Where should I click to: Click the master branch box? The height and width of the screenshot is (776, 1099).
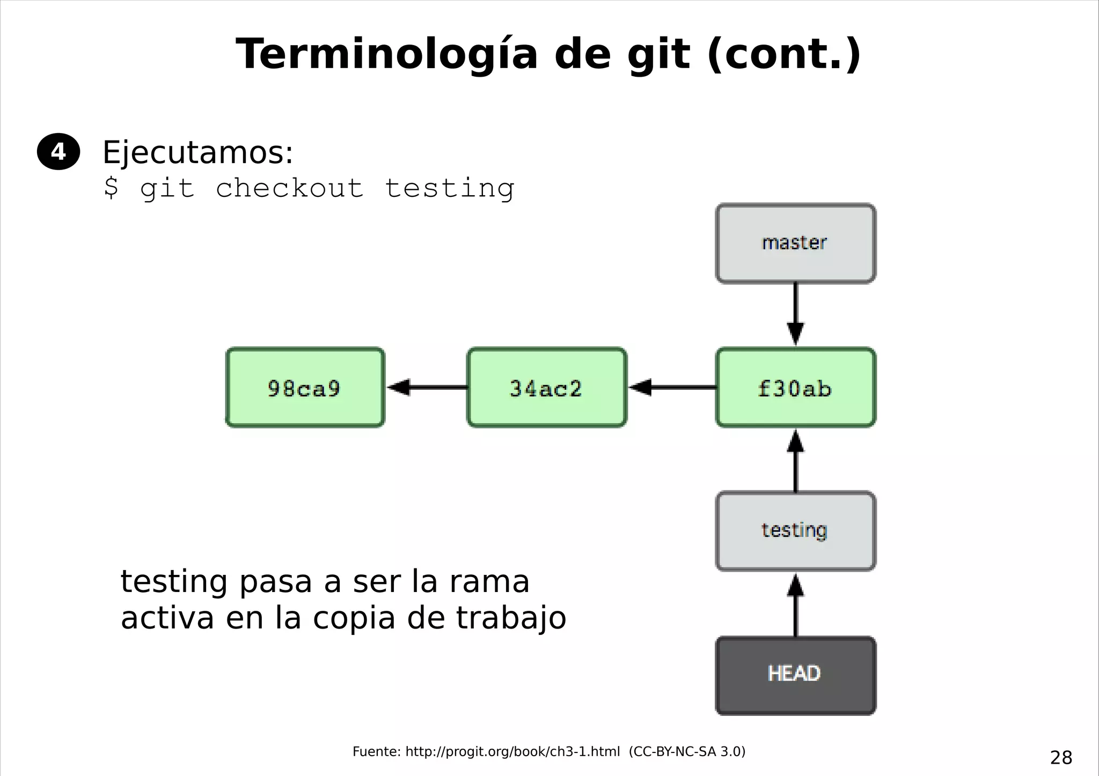coord(795,243)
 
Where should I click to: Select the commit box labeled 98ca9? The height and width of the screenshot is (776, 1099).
coord(305,388)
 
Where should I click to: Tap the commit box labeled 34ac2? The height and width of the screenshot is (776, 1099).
coord(546,388)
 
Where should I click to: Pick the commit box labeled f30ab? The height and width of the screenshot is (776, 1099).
coord(795,388)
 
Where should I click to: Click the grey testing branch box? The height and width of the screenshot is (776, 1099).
coord(795,531)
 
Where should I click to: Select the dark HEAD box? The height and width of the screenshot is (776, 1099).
coord(795,675)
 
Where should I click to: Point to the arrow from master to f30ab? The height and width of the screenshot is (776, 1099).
coord(795,314)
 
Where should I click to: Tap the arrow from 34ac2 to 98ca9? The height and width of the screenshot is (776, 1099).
coord(427,387)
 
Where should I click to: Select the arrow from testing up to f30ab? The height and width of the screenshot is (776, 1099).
coord(795,461)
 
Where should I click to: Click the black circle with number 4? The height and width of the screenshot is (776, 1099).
coord(58,152)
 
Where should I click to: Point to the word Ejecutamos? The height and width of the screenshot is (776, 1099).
coord(197,153)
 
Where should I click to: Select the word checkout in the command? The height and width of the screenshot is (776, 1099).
coord(290,188)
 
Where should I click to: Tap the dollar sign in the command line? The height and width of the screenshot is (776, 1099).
coord(111,188)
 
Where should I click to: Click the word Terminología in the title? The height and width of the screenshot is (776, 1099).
coord(386,55)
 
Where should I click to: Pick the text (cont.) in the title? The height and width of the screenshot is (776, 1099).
coord(784,55)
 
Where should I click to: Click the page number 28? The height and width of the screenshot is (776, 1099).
coord(1061,758)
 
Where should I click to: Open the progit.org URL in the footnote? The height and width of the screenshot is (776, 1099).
coord(512,752)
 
